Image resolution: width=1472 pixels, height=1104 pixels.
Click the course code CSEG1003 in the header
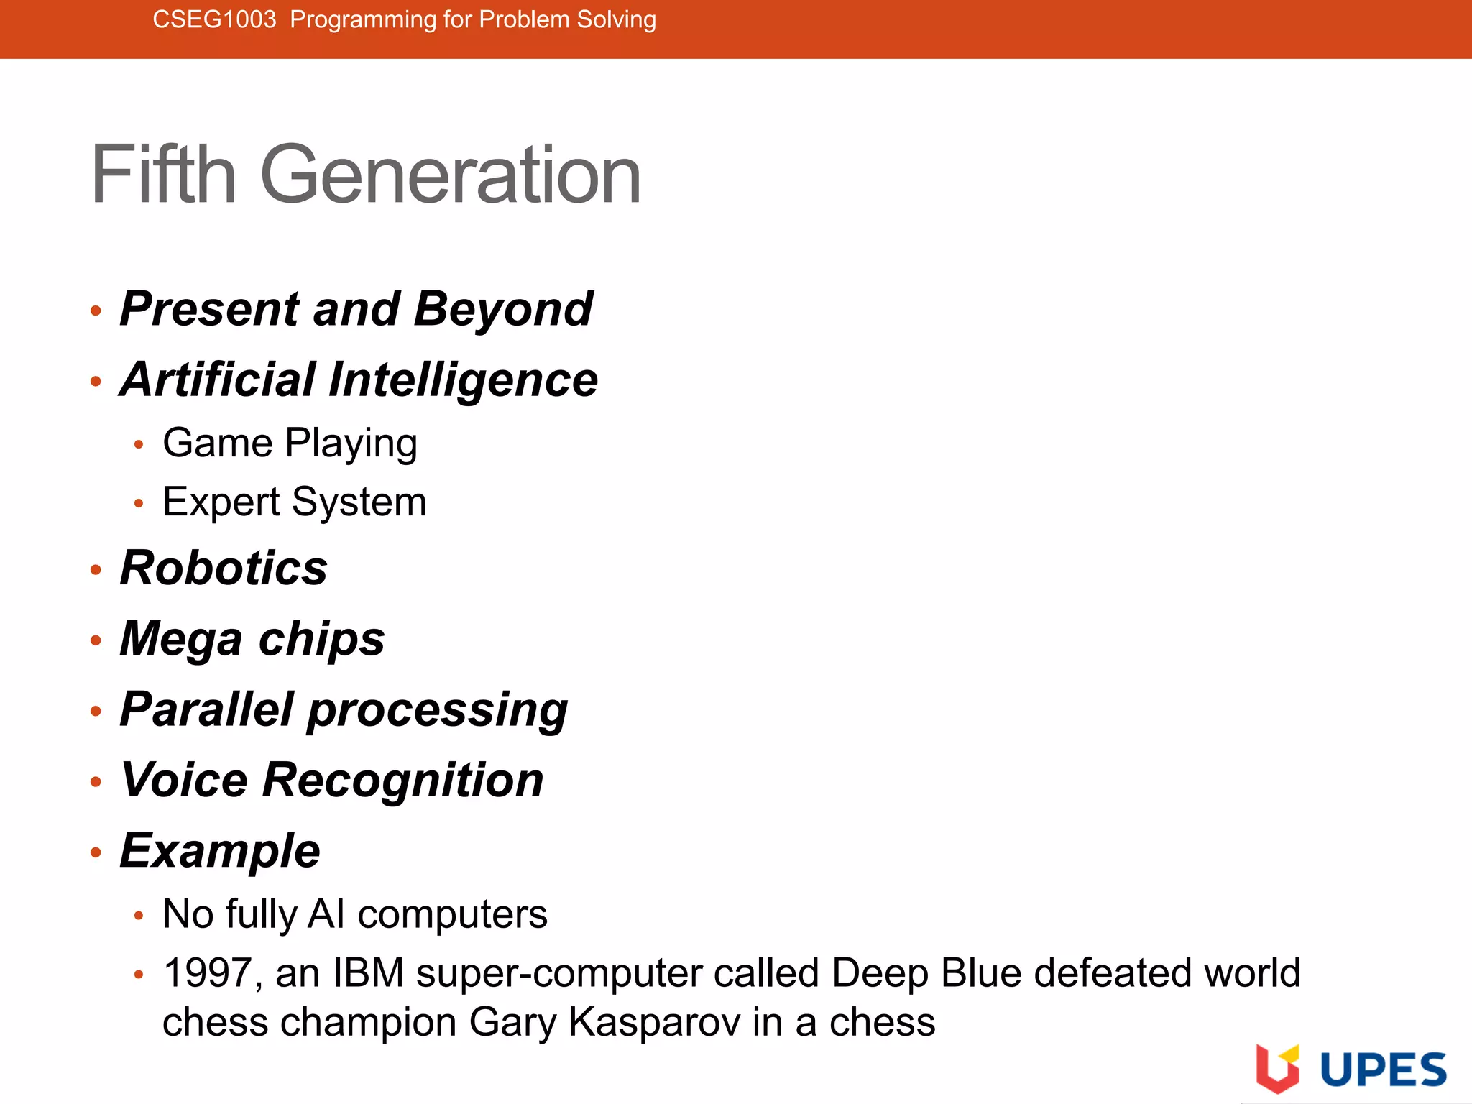pos(214,19)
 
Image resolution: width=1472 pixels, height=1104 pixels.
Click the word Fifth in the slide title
pos(164,175)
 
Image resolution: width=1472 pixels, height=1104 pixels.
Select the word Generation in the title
pos(450,175)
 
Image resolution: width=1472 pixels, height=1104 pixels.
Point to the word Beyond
pos(503,309)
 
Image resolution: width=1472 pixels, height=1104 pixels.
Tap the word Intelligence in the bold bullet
pos(463,380)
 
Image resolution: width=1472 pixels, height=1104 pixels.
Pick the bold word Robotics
pos(224,568)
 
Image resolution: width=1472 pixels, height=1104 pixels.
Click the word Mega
pos(181,639)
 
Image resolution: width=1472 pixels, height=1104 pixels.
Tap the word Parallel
pos(208,709)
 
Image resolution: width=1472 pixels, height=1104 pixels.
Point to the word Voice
pos(185,780)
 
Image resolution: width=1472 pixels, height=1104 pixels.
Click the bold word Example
pos(220,851)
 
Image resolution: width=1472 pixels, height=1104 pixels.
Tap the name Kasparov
pos(654,1022)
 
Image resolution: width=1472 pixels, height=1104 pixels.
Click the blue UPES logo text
pos(1383,1069)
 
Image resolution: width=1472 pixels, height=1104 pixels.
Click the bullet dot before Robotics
pos(96,570)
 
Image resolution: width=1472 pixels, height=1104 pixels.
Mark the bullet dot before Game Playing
pos(139,445)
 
